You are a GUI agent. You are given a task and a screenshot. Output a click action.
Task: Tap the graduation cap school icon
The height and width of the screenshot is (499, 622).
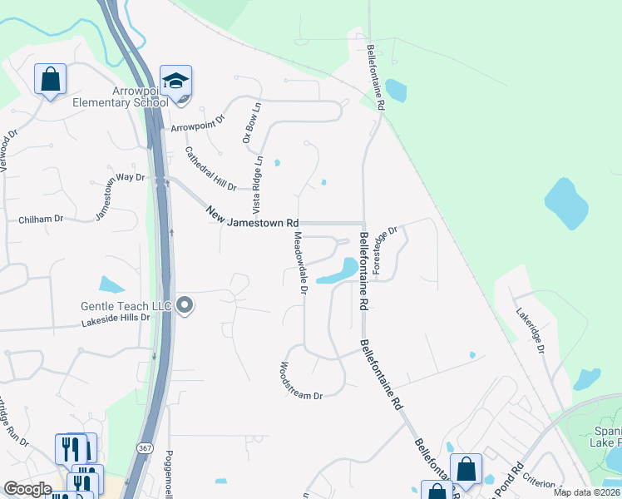click(175, 81)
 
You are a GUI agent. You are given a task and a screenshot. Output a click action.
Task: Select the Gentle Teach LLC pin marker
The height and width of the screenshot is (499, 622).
click(185, 306)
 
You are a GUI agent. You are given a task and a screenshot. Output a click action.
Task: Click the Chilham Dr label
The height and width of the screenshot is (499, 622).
click(41, 220)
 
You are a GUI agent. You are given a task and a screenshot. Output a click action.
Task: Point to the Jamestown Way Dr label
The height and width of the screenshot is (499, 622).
click(120, 196)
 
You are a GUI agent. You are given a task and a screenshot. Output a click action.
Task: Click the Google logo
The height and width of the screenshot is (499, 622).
click(27, 489)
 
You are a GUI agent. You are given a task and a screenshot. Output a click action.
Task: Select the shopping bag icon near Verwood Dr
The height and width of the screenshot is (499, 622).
click(50, 80)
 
